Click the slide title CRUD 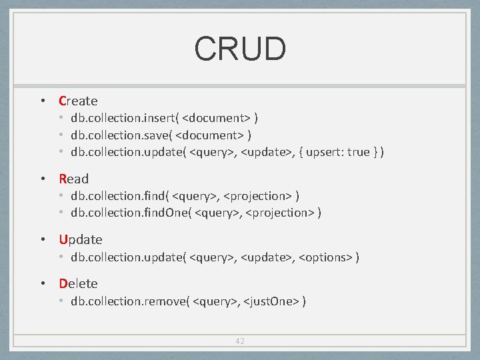(240, 48)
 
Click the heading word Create (78, 101)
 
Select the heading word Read (73, 179)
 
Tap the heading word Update (81, 239)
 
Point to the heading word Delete (78, 283)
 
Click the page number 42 (240, 341)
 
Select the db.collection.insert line (165, 118)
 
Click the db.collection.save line (161, 135)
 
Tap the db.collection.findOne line (197, 213)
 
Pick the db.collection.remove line (189, 301)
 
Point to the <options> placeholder (326, 257)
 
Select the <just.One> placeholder (272, 301)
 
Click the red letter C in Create (63, 101)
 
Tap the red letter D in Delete (63, 283)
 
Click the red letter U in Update (63, 239)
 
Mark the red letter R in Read (63, 179)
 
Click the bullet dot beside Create (42, 101)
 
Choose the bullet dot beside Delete (42, 283)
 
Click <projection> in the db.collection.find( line (255, 196)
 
